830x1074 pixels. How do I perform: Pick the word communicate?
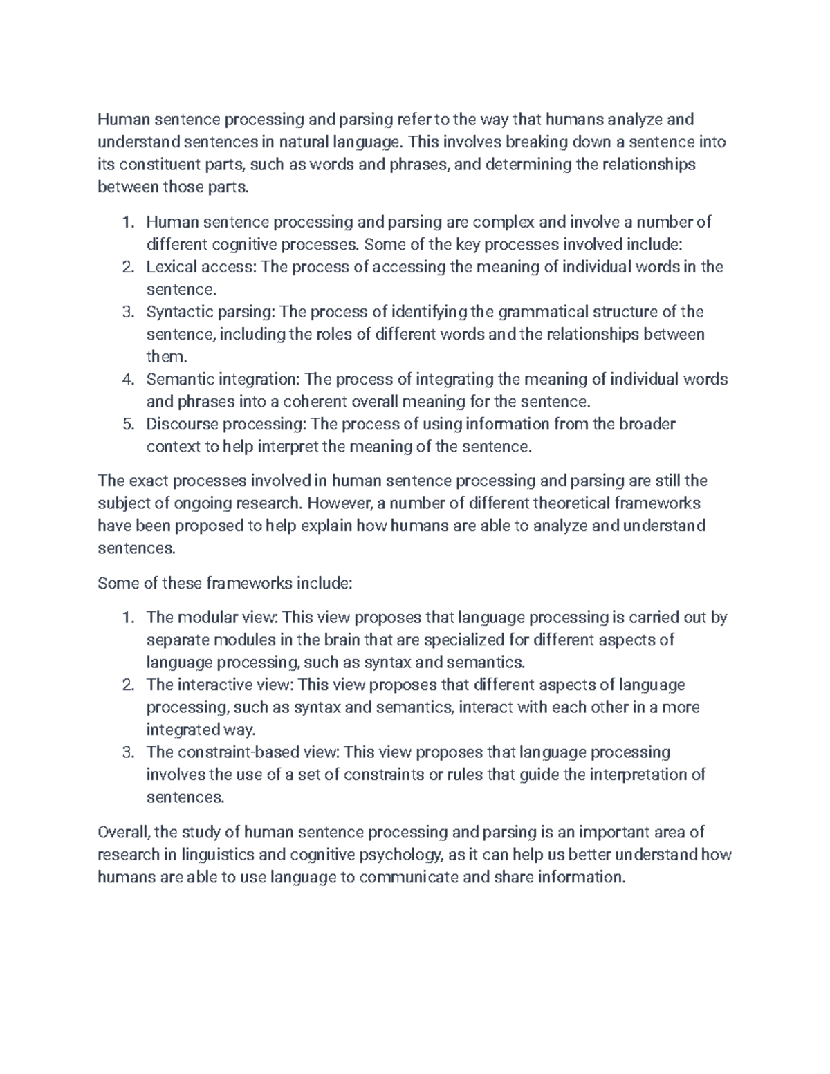click(x=409, y=877)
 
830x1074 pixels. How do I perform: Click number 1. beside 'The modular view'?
click(x=127, y=618)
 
